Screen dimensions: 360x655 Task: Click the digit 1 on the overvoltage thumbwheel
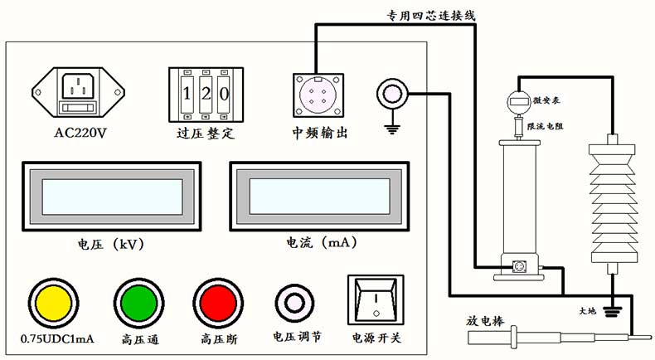pos(187,93)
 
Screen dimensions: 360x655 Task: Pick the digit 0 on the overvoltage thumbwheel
pos(223,93)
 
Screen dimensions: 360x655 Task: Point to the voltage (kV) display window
pos(109,196)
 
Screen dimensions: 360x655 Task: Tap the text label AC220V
pos(80,133)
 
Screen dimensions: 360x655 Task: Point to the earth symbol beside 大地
pos(614,311)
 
